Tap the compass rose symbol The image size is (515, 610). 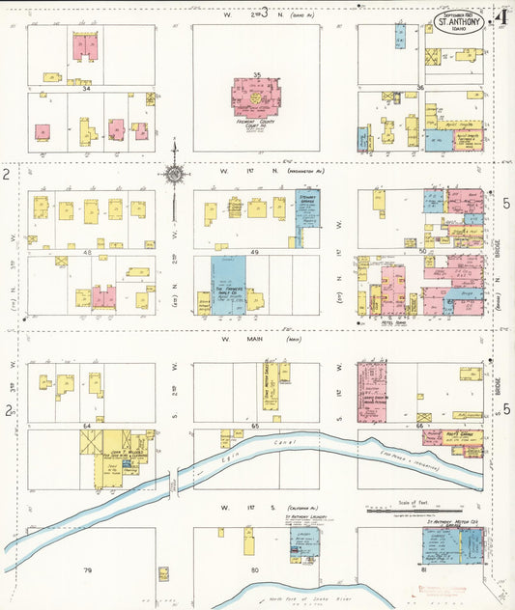pos(174,175)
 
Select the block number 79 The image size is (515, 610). pos(87,570)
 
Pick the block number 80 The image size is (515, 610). pos(255,570)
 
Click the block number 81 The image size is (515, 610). pos(421,570)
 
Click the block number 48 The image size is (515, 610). pos(87,252)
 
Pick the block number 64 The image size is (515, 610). pos(87,425)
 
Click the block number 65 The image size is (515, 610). pos(255,425)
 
